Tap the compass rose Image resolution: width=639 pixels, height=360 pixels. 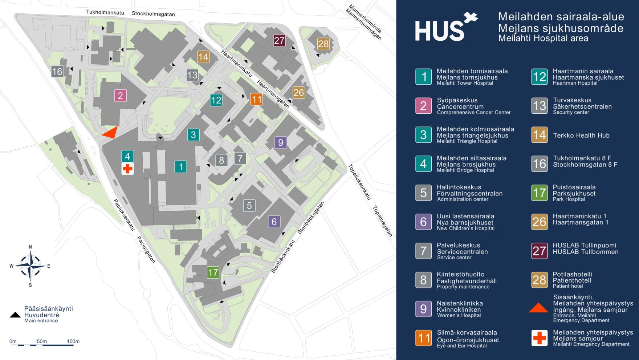(30, 266)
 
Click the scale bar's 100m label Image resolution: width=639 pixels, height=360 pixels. (73, 341)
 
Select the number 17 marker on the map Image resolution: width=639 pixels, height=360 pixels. (213, 272)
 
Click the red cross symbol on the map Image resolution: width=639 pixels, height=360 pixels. (127, 169)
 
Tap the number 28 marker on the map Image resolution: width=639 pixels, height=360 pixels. (323, 44)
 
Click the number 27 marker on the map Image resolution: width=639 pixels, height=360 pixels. (279, 40)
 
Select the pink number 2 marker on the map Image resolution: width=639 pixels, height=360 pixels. (121, 96)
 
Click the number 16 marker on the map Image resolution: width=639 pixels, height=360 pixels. (57, 71)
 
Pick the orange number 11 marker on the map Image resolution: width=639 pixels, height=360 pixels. (256, 99)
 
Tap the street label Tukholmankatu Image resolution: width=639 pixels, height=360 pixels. (105, 13)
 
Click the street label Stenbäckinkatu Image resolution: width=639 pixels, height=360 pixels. (283, 256)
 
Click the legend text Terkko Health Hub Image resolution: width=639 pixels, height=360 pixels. (581, 135)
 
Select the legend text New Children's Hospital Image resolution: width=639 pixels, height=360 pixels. (465, 228)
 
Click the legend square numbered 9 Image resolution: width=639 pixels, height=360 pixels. (423, 309)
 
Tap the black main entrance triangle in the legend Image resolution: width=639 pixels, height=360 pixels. (15, 315)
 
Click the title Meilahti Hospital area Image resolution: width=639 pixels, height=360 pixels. (543, 38)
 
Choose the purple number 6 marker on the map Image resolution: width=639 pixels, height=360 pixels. (274, 222)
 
